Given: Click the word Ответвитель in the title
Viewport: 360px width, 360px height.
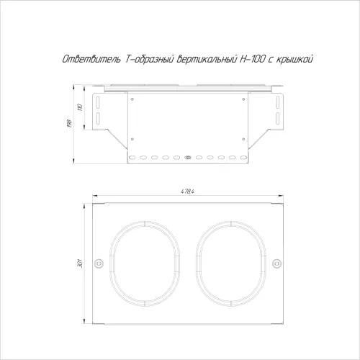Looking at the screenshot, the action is click(91, 59).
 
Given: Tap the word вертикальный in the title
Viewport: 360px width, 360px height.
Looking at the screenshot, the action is click(207, 59).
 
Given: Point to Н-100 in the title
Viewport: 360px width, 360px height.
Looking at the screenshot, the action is click(253, 59).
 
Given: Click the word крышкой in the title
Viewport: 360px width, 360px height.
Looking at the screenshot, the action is click(294, 59).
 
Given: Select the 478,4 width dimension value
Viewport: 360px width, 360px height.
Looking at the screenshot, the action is click(187, 192).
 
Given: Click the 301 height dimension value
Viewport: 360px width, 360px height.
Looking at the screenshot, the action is click(80, 264).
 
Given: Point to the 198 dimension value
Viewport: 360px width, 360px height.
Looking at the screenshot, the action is click(70, 123).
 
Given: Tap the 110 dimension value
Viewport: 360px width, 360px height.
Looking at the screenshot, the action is click(81, 107).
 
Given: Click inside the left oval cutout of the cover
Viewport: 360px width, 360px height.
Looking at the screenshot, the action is click(145, 264).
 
